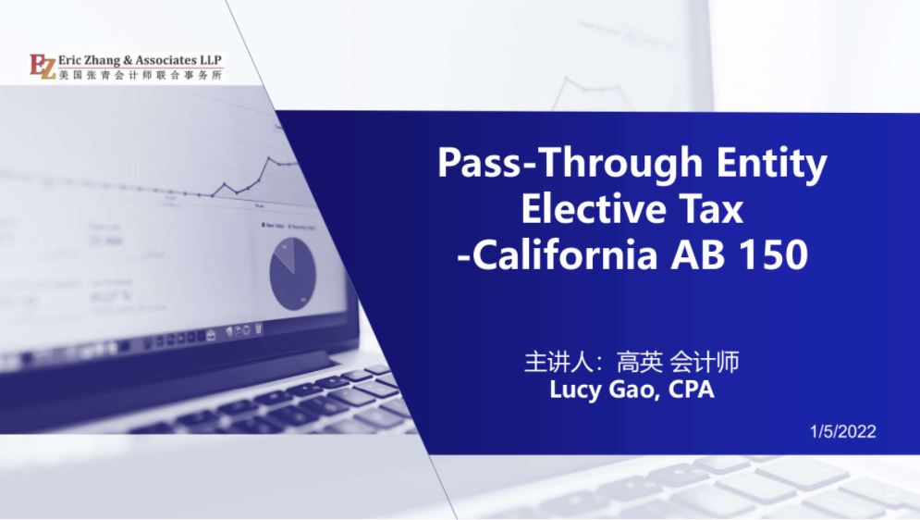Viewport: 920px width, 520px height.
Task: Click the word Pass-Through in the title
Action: pos(570,163)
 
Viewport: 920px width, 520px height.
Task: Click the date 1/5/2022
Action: pos(842,431)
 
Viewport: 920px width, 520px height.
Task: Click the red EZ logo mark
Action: pos(43,67)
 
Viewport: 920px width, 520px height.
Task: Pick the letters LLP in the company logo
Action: pos(211,60)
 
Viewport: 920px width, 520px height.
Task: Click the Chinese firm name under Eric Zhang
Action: pos(141,75)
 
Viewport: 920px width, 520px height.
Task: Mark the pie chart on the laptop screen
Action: pos(292,274)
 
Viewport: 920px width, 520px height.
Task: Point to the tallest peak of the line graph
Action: pos(269,157)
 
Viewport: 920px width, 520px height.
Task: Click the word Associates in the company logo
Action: pos(167,60)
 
